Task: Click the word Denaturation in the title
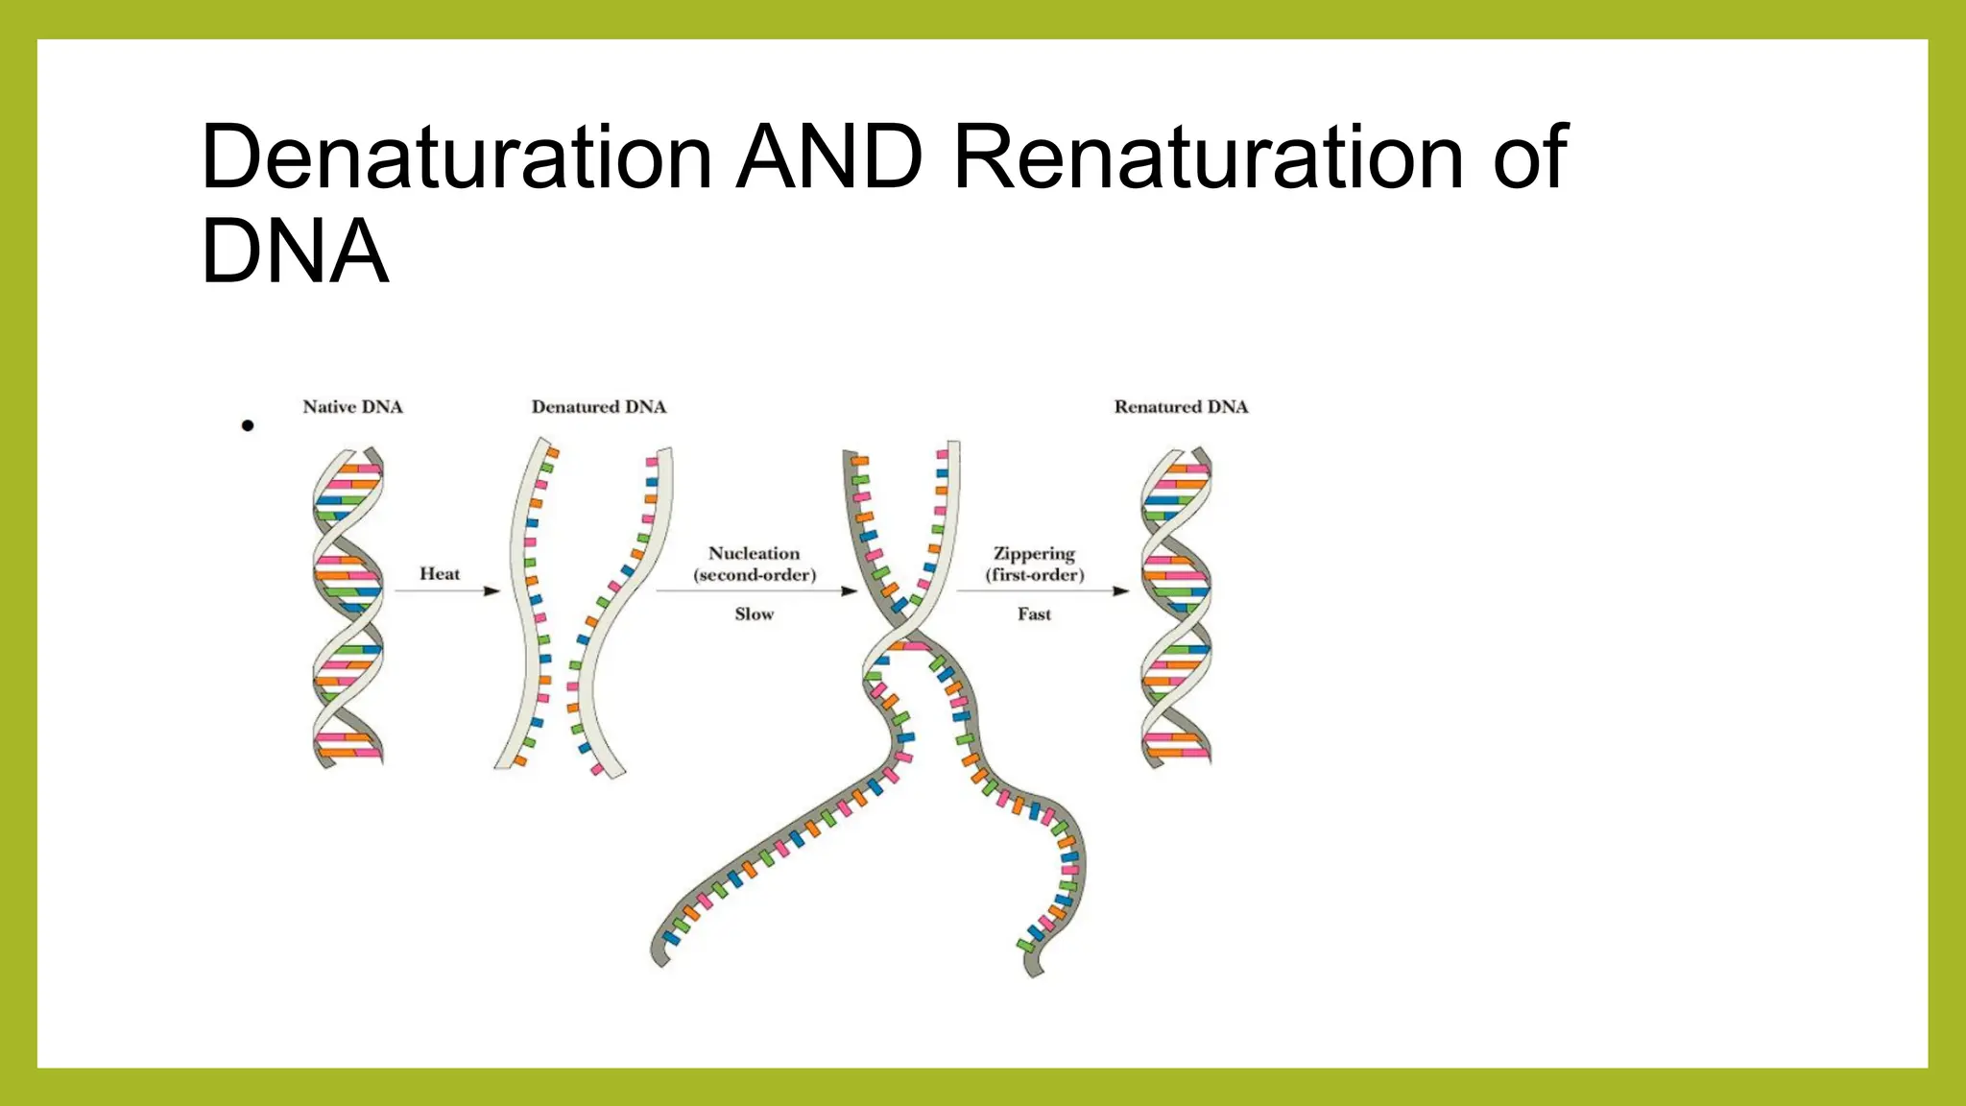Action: (456, 157)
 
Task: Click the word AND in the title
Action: (830, 157)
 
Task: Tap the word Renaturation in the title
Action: (1208, 157)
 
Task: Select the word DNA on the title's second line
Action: (294, 252)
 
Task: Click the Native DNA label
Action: (352, 407)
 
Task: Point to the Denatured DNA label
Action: (598, 407)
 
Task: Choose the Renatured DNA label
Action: (1181, 407)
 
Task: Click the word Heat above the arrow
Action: (440, 574)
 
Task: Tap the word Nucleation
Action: (754, 554)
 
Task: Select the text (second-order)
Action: (755, 575)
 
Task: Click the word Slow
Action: (754, 614)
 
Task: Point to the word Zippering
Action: (1034, 554)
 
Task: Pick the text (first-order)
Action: (1034, 575)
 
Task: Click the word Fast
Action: (1034, 614)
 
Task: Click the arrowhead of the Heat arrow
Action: (492, 591)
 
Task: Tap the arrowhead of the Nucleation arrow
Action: (849, 591)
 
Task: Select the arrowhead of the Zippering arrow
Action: (1120, 591)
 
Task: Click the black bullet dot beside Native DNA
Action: (248, 425)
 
